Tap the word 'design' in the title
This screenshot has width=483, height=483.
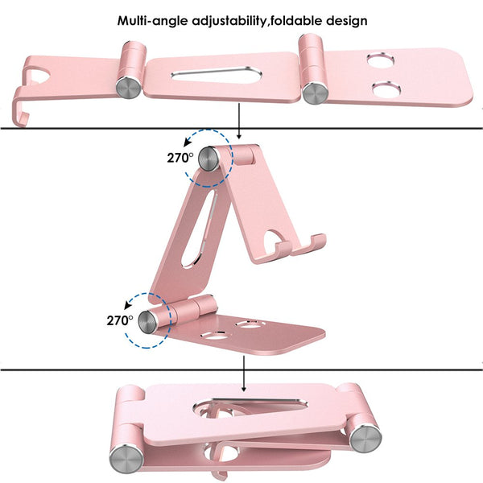click(x=343, y=19)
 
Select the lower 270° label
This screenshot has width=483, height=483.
click(x=119, y=320)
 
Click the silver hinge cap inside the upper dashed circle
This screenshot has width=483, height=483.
click(x=209, y=158)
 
